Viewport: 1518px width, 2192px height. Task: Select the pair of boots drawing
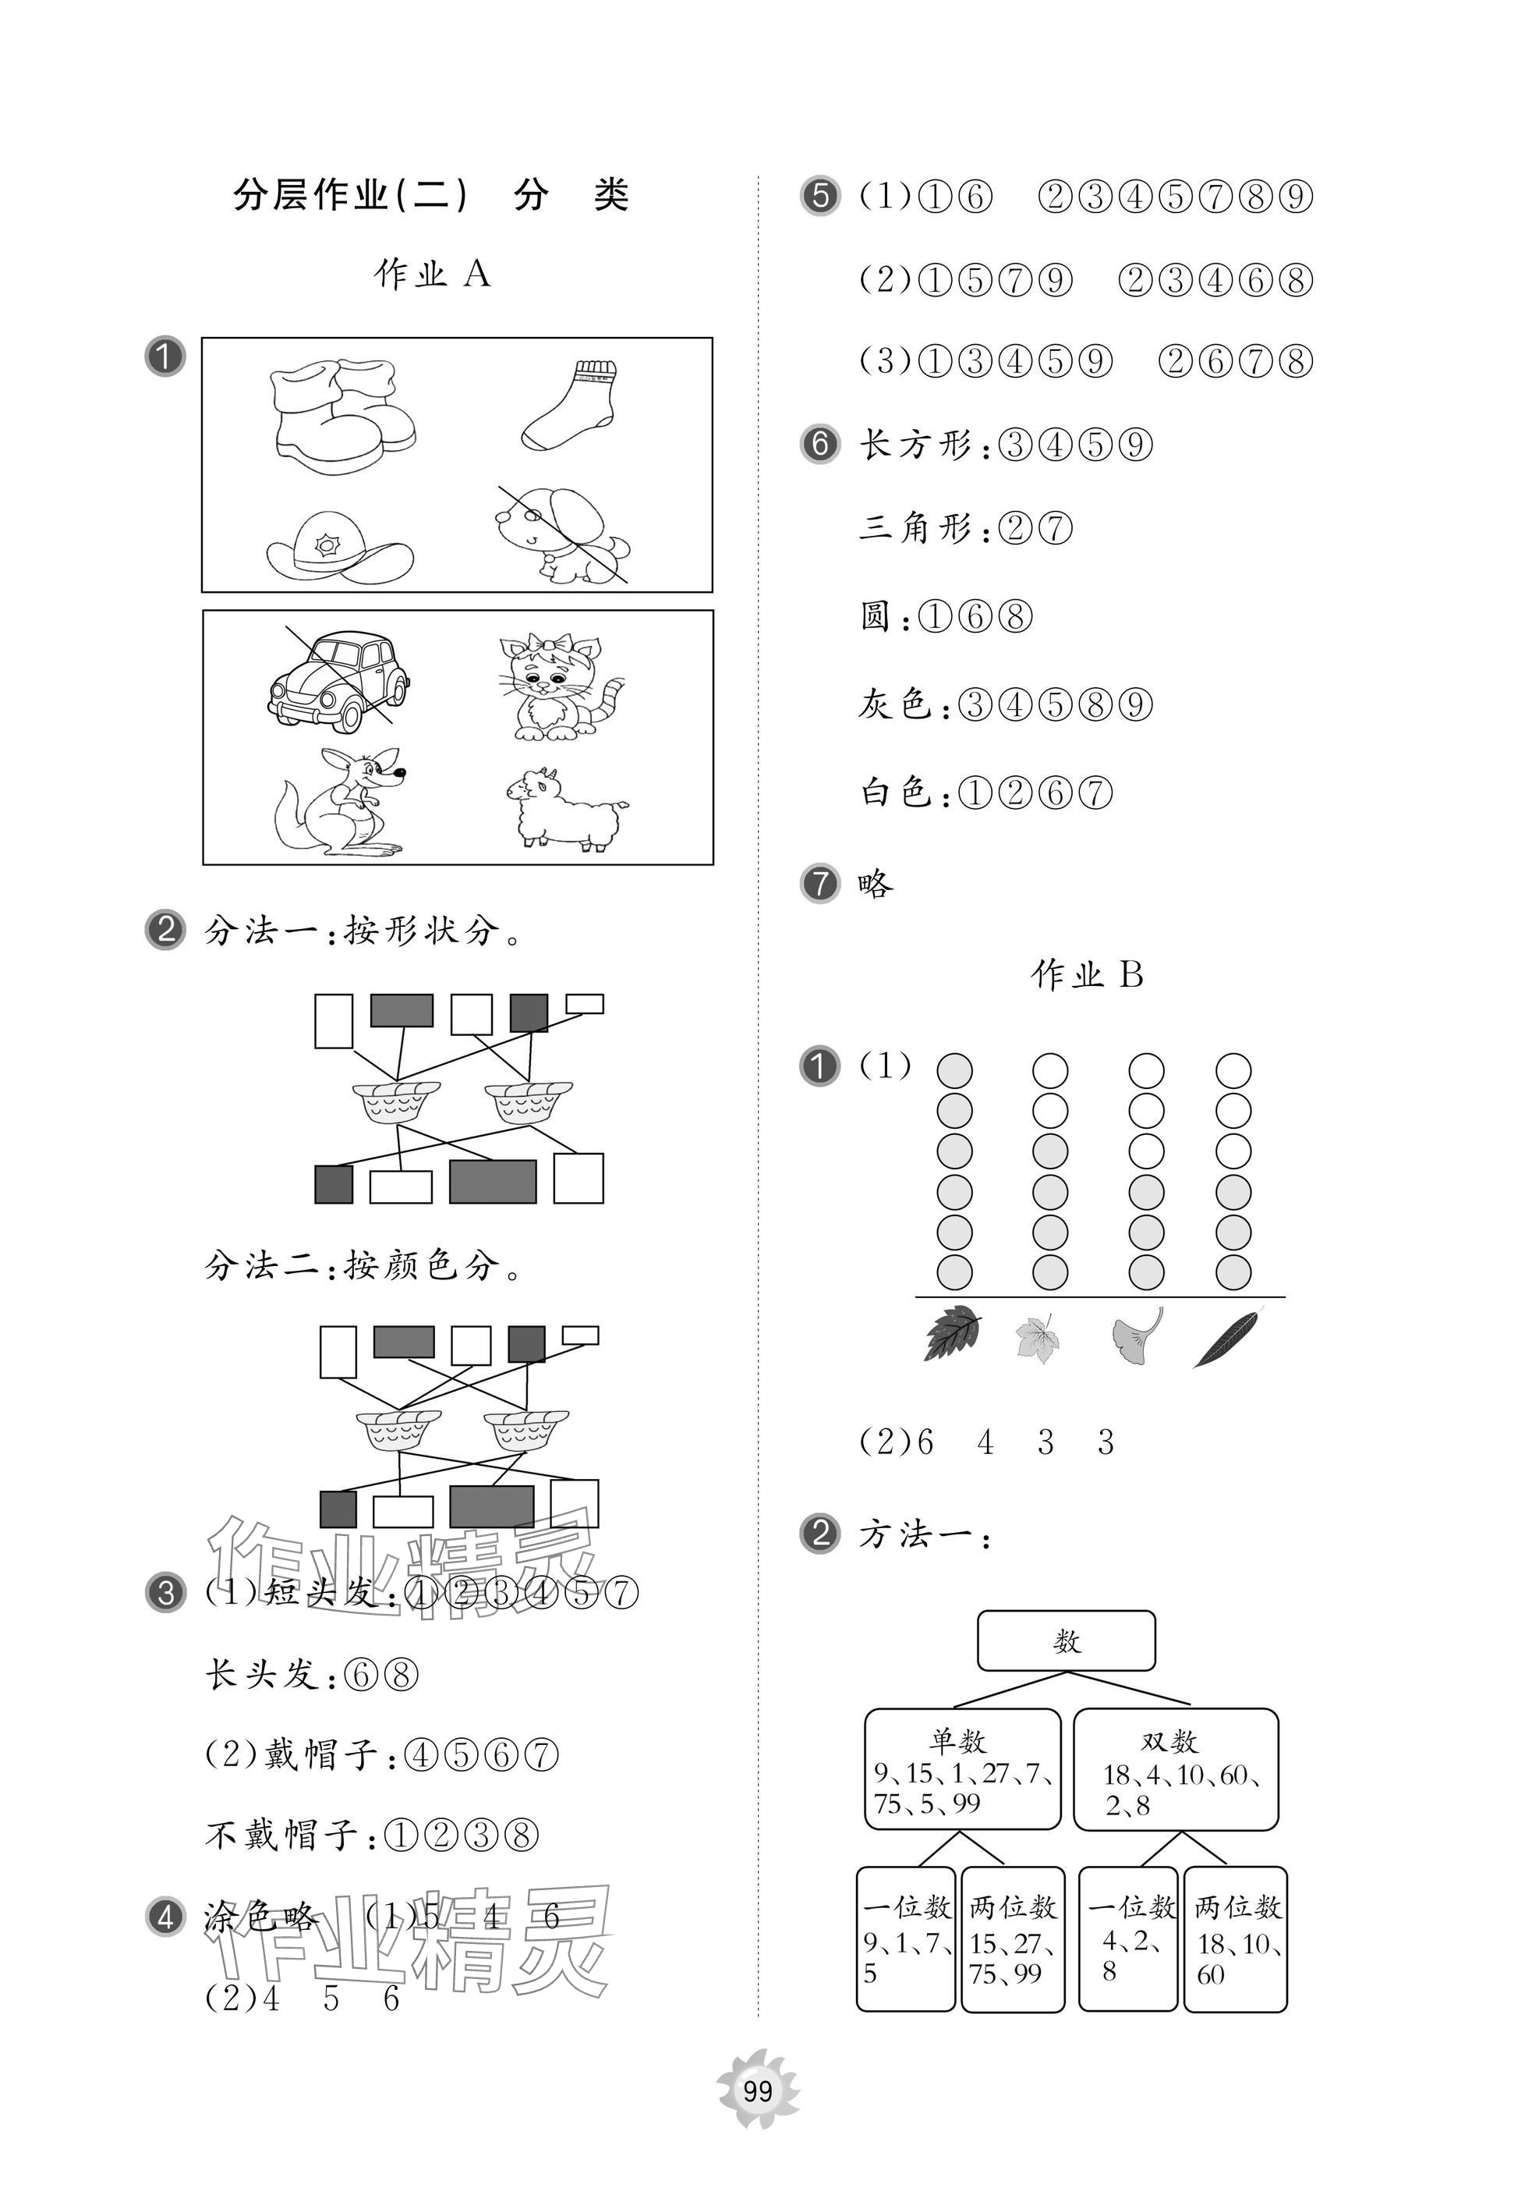[x=342, y=416]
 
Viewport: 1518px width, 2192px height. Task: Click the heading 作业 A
[x=432, y=274]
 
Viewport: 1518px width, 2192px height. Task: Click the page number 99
[x=758, y=2091]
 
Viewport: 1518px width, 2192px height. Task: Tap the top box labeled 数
[x=1067, y=1640]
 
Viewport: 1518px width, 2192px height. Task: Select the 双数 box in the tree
[x=1176, y=1768]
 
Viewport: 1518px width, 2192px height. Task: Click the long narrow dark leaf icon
[x=1229, y=1337]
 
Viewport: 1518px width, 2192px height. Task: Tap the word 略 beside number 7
[x=875, y=885]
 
